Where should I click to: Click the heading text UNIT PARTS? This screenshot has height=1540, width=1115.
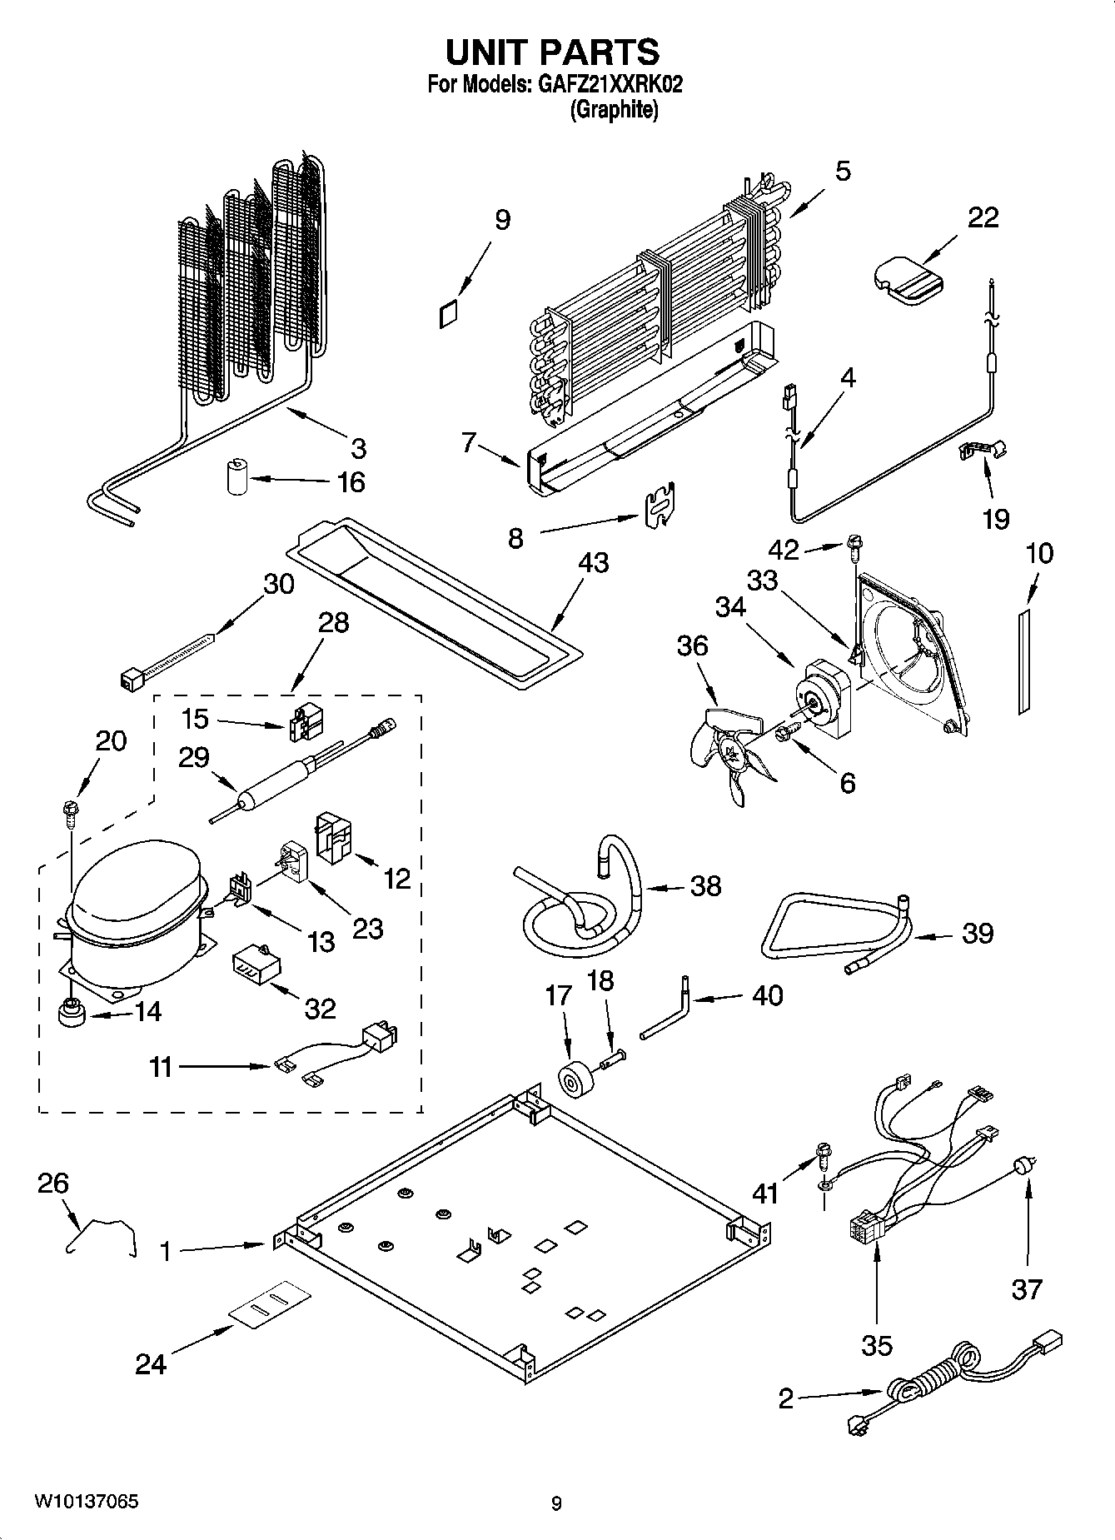[552, 52]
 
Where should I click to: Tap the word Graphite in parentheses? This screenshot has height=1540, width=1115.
[614, 110]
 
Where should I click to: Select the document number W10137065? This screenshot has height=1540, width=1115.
[86, 1502]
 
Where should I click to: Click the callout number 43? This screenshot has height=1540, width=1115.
[594, 564]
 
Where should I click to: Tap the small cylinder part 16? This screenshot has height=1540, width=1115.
[237, 476]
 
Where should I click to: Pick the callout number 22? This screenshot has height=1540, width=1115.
[983, 217]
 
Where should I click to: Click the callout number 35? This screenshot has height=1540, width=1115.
[877, 1345]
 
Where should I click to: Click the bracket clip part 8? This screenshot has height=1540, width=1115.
[661, 505]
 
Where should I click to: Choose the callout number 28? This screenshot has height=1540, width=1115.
[333, 623]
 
